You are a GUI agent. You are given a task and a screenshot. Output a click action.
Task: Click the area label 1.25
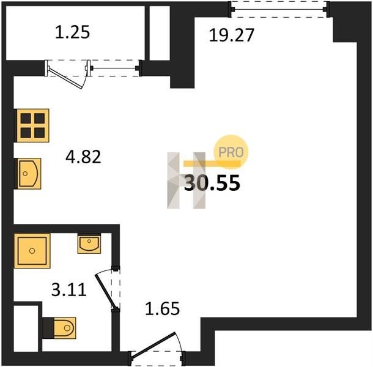[x=73, y=32]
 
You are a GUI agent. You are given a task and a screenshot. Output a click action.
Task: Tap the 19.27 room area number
[x=232, y=35]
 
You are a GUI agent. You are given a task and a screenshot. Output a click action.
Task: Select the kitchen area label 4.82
[x=83, y=157]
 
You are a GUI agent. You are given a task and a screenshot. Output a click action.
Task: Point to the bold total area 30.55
[x=212, y=183]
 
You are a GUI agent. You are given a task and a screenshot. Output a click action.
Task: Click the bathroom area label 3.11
[x=68, y=290]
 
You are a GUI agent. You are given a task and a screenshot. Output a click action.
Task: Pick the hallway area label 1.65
[x=162, y=309]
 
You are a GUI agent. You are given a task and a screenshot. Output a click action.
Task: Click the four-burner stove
[x=32, y=125]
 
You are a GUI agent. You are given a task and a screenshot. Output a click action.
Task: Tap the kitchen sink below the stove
[x=28, y=174]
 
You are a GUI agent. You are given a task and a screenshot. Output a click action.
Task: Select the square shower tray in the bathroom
[x=32, y=251]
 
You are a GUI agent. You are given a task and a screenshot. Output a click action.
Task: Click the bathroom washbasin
[x=89, y=243]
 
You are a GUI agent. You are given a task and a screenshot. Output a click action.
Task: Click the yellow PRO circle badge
[x=231, y=152]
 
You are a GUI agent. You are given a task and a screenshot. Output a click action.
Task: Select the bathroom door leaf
[x=105, y=292]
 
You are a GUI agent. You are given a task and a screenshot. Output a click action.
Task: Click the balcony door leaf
[x=65, y=78]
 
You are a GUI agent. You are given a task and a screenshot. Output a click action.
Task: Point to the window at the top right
[x=279, y=9]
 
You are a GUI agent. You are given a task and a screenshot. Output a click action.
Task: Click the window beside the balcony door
[x=114, y=68]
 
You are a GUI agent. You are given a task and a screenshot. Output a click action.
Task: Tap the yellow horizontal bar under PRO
[x=212, y=163]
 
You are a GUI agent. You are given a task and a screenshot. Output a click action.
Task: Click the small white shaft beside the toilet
[x=26, y=328]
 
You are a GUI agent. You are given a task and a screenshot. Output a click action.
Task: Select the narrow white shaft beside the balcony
[x=160, y=33]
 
